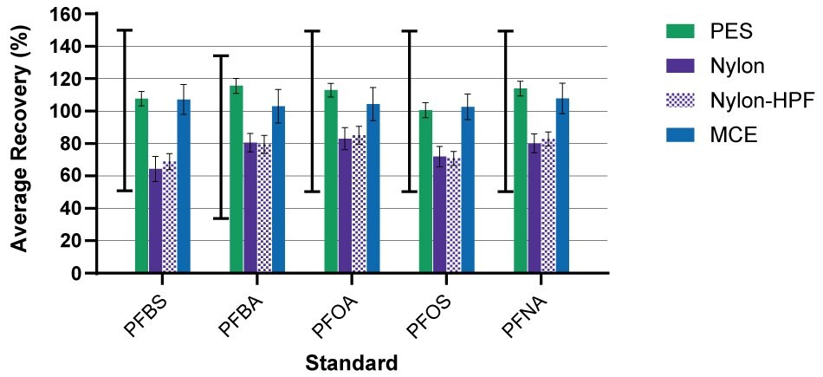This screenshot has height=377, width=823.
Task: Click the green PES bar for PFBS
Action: click(141, 186)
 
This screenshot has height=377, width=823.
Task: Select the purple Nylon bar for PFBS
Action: click(155, 221)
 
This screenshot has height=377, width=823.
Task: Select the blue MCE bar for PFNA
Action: click(562, 185)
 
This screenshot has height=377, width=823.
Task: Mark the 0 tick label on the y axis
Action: click(76, 274)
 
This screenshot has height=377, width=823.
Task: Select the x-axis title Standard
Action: click(351, 361)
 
